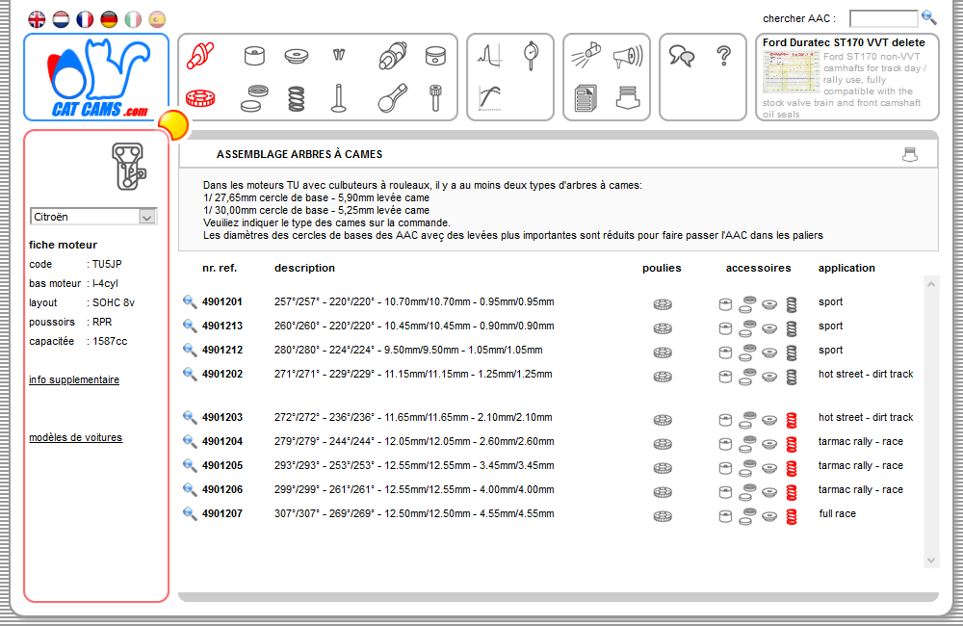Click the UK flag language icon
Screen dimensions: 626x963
(37, 19)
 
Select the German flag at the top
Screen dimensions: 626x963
(109, 19)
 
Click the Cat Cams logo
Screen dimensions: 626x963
(96, 78)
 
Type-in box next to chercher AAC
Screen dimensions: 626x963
(883, 18)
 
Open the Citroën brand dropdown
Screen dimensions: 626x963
(93, 217)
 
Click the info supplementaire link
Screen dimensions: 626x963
(74, 379)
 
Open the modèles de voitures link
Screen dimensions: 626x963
(75, 437)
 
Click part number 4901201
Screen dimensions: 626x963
(221, 301)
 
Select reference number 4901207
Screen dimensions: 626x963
(221, 513)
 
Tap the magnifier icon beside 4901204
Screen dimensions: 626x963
(190, 441)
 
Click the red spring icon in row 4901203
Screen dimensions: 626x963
(792, 419)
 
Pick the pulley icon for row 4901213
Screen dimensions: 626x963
(663, 327)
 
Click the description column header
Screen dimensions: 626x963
(304, 268)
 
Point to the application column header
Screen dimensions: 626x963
(846, 268)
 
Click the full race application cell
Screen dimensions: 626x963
(837, 513)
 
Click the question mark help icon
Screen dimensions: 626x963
(724, 56)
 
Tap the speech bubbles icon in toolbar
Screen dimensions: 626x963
(682, 57)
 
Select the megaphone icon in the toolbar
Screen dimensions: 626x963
(626, 56)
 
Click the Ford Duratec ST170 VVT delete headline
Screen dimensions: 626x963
(844, 42)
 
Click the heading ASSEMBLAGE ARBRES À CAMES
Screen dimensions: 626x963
(299, 154)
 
